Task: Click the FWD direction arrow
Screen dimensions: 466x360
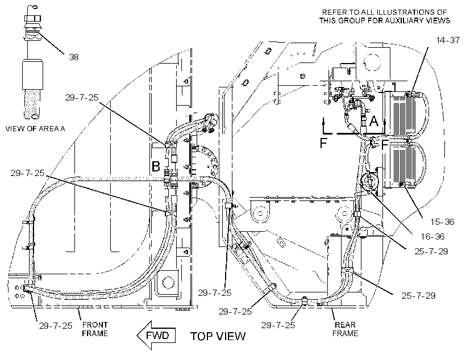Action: (156, 336)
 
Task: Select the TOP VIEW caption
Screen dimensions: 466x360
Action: (218, 336)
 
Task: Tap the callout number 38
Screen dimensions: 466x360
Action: (74, 57)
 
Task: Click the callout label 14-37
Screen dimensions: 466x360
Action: (448, 40)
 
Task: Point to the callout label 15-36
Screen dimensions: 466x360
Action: (442, 221)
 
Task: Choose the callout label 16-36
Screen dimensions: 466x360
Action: (432, 236)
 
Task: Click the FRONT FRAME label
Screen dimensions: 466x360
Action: (95, 329)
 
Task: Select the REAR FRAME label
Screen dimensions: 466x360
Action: (345, 329)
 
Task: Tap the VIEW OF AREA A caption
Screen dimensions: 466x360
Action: (35, 129)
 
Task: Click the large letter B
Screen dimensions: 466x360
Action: (156, 166)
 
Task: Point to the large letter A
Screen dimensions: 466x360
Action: (373, 121)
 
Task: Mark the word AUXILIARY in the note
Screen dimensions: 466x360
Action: (407, 20)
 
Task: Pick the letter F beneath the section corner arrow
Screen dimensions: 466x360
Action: (323, 143)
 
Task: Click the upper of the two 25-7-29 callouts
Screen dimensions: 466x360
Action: (431, 251)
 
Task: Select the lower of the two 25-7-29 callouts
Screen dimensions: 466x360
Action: (418, 295)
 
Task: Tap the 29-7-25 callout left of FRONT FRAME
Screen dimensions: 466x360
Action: (56, 325)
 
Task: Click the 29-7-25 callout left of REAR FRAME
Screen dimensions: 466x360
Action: (278, 325)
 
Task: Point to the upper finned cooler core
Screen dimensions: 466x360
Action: (401, 114)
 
